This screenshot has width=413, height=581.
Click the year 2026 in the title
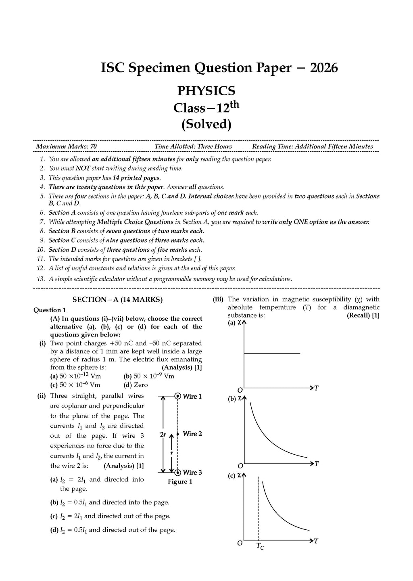pos(323,68)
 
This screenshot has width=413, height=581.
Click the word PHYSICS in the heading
pos(206,91)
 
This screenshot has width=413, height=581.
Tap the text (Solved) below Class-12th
pos(206,124)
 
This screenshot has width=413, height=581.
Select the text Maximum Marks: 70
pos(66,146)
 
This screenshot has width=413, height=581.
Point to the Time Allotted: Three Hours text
pos(193,146)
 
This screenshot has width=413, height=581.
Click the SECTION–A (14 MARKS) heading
pos(117,299)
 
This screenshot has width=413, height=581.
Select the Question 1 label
pos(50,310)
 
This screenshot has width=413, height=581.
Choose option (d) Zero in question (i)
pos(136,385)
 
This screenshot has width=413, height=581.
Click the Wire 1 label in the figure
pos(192,396)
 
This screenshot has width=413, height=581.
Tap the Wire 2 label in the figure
pos(192,434)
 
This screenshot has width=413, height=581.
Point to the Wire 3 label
pos(192,472)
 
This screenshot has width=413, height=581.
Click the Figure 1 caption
pos(180,481)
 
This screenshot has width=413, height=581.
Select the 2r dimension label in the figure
pos(163,435)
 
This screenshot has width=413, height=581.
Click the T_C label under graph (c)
pos(260,546)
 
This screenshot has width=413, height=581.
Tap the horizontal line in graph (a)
pos(272,353)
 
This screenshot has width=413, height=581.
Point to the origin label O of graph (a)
pos(240,390)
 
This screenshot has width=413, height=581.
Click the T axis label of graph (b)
pos(316,464)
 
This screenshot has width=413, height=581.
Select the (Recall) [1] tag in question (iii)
pos(363,315)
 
